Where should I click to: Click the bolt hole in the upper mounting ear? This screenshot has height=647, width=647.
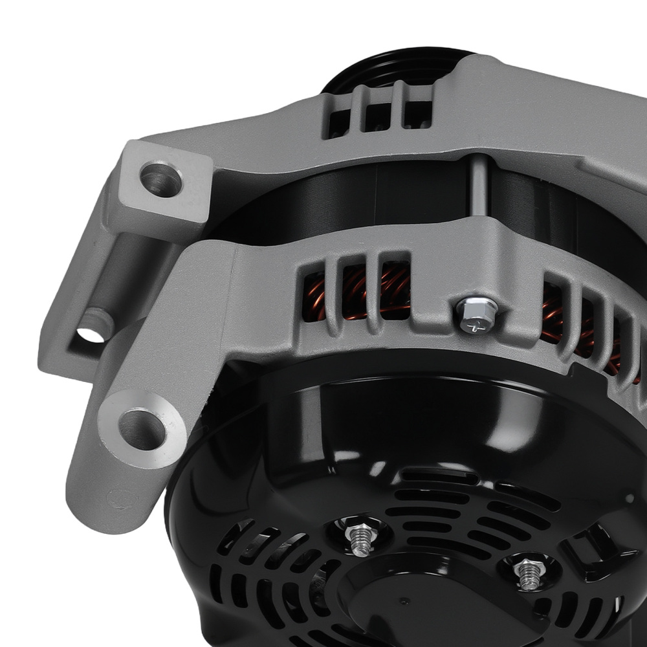click(x=160, y=179)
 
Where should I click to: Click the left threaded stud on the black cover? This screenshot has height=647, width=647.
click(x=361, y=538)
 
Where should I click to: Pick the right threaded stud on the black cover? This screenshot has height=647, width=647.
click(x=527, y=572)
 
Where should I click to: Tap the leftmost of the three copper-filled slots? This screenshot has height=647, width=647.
click(x=315, y=296)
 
